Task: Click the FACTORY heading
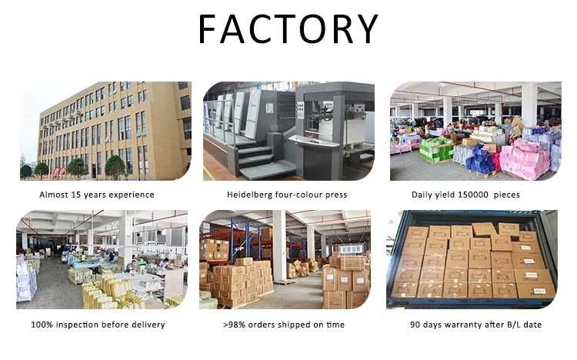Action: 288,28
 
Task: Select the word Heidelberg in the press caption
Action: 252,195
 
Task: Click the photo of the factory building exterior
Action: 105,131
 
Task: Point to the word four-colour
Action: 302,195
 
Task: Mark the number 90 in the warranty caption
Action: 415,325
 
